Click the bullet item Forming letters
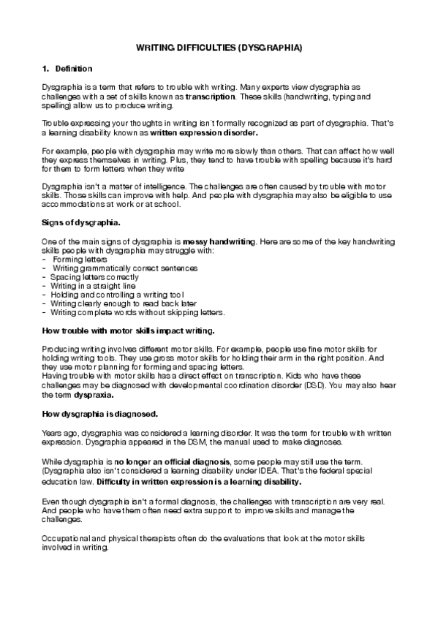pyautogui.click(x=80, y=259)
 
